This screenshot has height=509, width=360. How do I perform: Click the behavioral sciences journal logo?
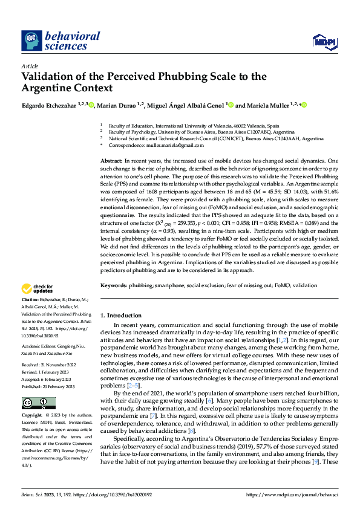click(x=61, y=41)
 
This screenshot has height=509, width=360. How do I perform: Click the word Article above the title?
click(x=30, y=66)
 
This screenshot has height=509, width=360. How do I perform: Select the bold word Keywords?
click(x=113, y=284)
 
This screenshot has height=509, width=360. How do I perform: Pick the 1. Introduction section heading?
click(x=119, y=315)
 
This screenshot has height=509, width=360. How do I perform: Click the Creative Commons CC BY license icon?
click(x=38, y=386)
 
